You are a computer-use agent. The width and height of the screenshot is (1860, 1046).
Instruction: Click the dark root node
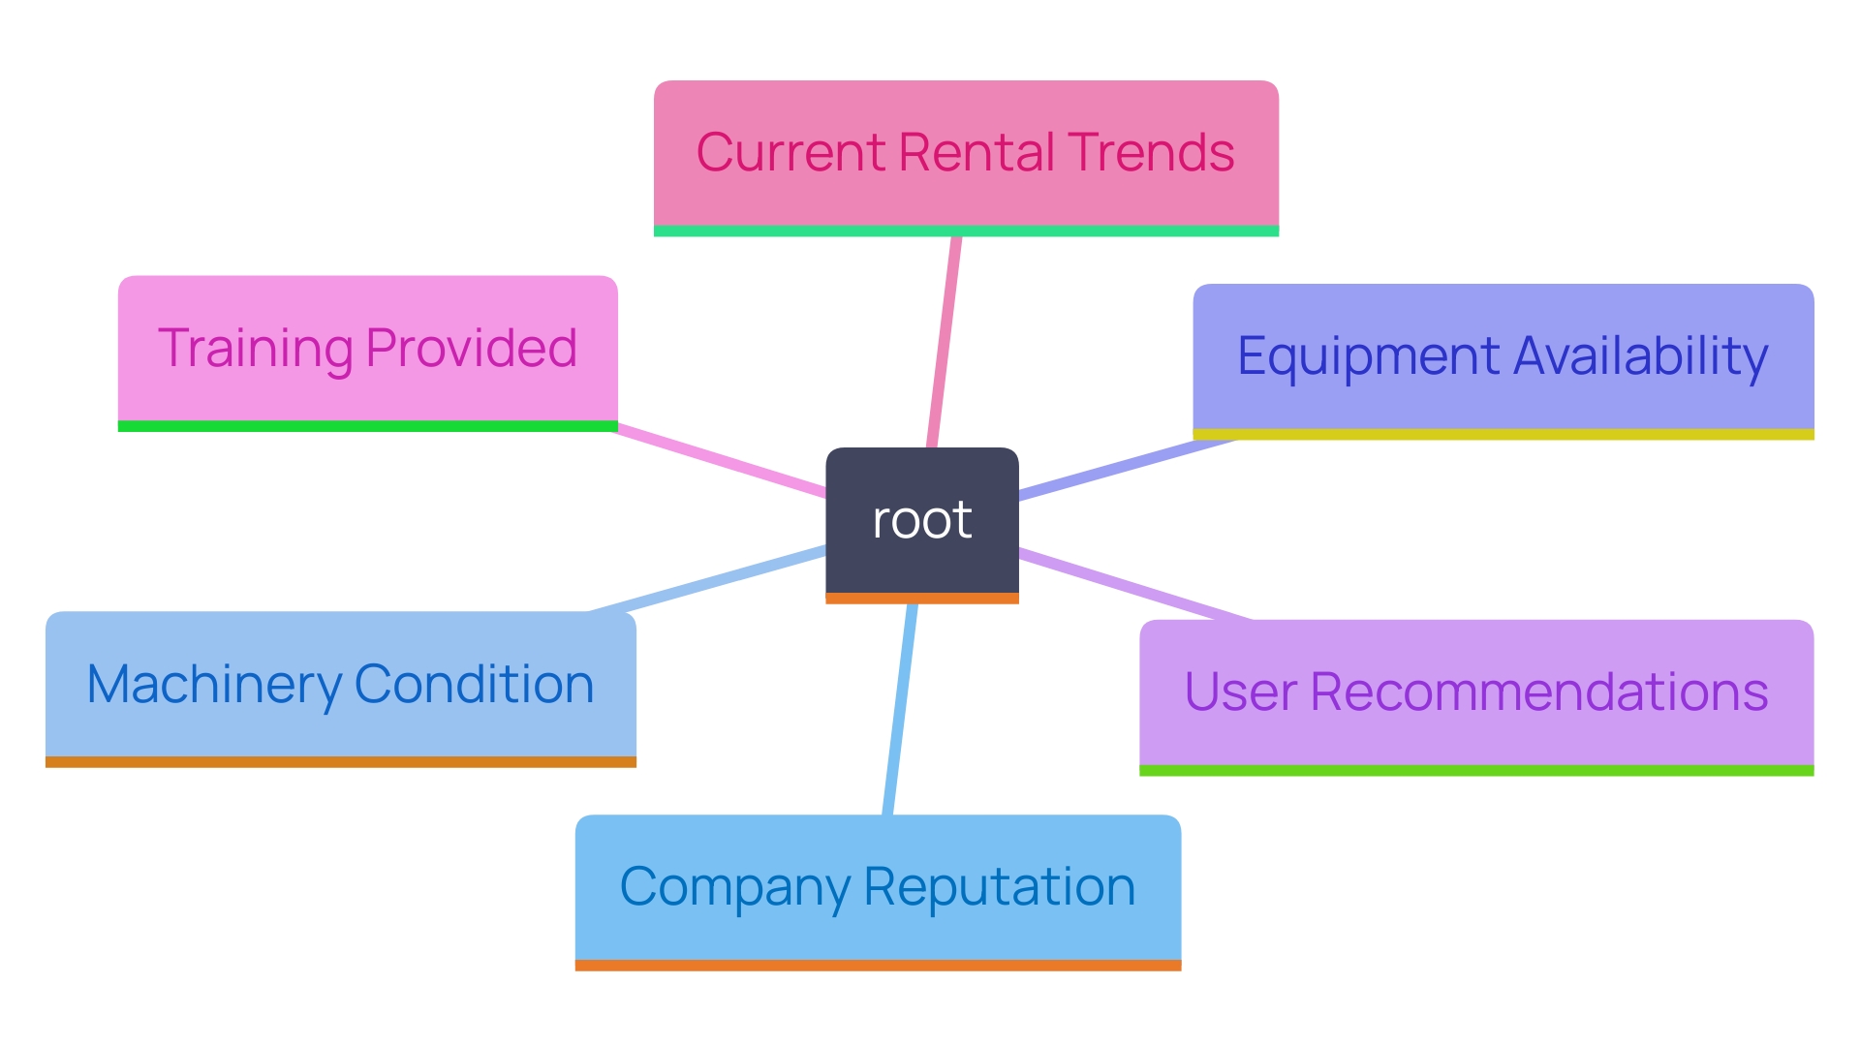click(921, 520)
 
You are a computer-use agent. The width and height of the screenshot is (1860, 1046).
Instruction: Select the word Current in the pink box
click(790, 153)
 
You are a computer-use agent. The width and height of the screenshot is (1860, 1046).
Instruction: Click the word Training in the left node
click(254, 349)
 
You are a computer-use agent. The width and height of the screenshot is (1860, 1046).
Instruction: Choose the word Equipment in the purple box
click(1368, 356)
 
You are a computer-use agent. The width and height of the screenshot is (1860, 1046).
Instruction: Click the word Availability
click(1640, 356)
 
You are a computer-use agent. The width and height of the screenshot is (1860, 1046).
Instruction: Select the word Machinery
click(213, 685)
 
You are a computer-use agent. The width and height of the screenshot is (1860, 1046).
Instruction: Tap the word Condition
click(474, 685)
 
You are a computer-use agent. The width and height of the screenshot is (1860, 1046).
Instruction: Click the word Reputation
click(999, 887)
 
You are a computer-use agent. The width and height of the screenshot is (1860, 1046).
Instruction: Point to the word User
click(1240, 692)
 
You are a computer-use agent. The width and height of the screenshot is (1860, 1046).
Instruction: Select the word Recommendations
click(1539, 692)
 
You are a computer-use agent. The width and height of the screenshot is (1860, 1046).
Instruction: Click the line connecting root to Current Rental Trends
click(944, 339)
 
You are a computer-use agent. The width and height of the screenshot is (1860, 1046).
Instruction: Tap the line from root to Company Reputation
click(900, 707)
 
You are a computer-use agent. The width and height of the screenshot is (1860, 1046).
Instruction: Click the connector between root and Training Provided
click(722, 461)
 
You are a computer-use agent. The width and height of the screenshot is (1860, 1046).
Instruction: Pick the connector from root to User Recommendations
click(1133, 585)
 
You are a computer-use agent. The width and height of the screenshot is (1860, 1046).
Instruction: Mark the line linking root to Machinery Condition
click(707, 579)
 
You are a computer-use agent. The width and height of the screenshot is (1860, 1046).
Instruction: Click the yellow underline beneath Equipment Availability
click(1503, 435)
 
